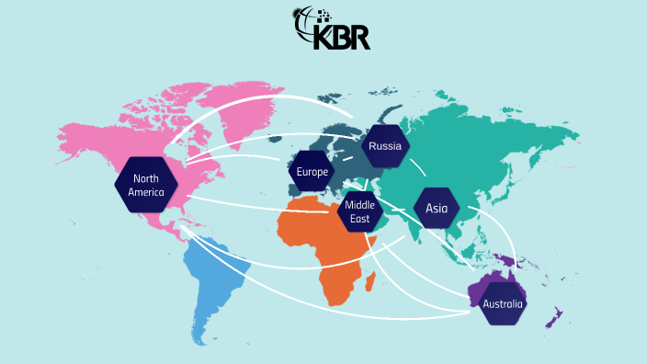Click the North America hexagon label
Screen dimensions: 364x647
(147, 185)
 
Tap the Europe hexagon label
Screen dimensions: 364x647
(312, 171)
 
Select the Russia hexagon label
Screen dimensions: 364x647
(384, 146)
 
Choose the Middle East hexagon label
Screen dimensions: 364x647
(360, 212)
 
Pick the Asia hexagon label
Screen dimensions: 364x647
(437, 209)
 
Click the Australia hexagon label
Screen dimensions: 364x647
(503, 303)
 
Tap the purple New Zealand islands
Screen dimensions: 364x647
(554, 317)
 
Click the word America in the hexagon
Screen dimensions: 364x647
(147, 192)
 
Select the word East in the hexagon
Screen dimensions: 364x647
(360, 219)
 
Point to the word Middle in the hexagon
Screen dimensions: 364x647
(360, 206)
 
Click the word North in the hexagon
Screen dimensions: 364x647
(147, 178)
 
